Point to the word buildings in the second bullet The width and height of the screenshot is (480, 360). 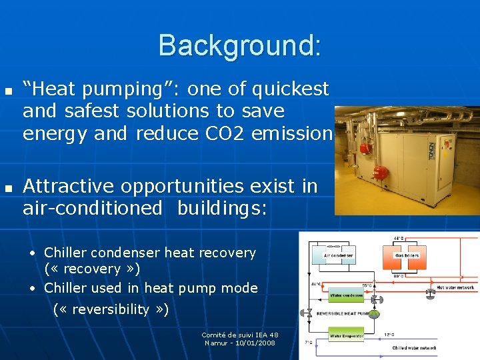coord(221,209)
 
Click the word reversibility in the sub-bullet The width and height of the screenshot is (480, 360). coord(111,309)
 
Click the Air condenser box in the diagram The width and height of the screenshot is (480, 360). coord(339,255)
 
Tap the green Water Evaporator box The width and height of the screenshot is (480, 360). coord(347,337)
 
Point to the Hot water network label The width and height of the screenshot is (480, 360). coord(455,287)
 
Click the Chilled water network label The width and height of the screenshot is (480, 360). coord(414,348)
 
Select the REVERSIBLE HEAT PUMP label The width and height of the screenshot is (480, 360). coord(341,313)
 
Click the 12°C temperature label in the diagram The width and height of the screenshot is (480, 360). coord(389,334)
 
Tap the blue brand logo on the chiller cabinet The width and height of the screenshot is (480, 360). coord(431,150)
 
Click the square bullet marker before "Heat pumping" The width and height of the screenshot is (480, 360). coord(8,90)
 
